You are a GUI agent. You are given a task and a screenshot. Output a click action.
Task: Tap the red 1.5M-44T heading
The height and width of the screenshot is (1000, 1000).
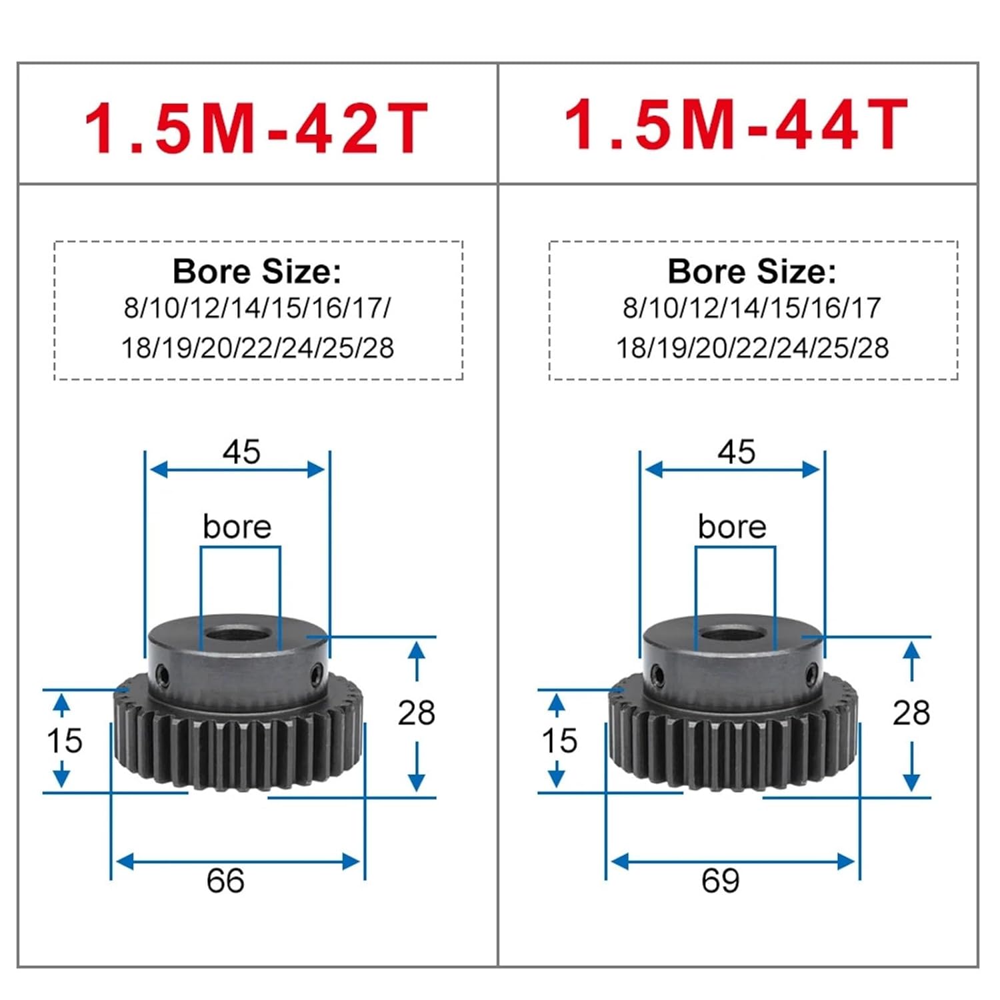pyautogui.click(x=736, y=125)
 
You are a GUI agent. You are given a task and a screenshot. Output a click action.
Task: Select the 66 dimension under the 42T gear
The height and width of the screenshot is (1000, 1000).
pyautogui.click(x=225, y=881)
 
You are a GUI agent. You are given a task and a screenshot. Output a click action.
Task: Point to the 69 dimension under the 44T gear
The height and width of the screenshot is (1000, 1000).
pyautogui.click(x=720, y=881)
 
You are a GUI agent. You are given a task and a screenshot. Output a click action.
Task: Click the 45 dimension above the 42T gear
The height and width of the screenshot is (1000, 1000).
pyautogui.click(x=241, y=452)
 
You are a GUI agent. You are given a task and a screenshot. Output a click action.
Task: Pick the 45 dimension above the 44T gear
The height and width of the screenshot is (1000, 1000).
pyautogui.click(x=736, y=452)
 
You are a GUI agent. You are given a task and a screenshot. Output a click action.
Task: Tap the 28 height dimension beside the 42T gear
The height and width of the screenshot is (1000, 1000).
pyautogui.click(x=417, y=713)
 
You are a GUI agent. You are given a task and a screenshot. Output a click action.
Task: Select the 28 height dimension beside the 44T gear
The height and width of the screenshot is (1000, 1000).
pyautogui.click(x=911, y=713)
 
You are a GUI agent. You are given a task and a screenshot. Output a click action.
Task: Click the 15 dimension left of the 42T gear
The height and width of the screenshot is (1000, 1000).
pyautogui.click(x=65, y=741)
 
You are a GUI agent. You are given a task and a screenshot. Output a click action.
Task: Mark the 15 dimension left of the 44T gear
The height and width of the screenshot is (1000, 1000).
pyautogui.click(x=559, y=741)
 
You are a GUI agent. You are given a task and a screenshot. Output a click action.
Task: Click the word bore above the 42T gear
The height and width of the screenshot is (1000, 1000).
pyautogui.click(x=237, y=527)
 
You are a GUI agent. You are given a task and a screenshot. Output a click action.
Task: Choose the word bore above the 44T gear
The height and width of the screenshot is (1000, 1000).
pyautogui.click(x=732, y=527)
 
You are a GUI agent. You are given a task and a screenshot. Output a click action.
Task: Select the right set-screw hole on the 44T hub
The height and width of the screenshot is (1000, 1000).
pyautogui.click(x=811, y=673)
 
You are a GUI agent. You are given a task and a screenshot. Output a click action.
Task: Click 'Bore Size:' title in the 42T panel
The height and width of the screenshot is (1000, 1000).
pyautogui.click(x=257, y=271)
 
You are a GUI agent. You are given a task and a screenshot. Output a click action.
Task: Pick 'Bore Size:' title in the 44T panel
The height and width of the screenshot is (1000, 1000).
pyautogui.click(x=752, y=271)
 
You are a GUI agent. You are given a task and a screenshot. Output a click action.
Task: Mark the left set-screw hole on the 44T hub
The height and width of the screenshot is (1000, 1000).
pyautogui.click(x=657, y=675)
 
